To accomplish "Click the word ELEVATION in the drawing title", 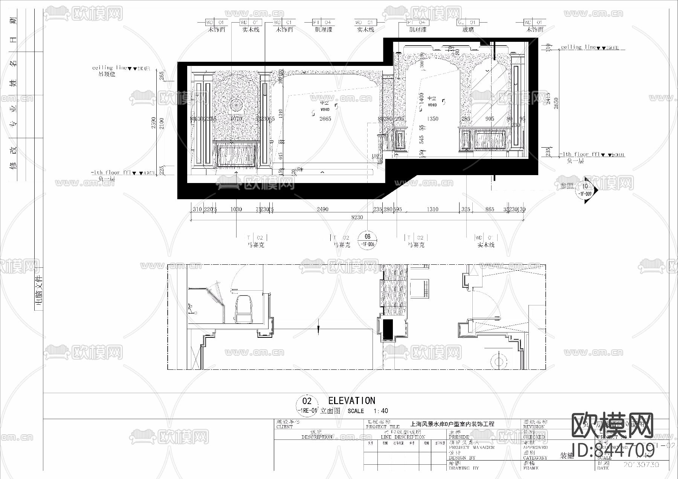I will (x=351, y=401).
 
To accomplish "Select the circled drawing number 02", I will (x=307, y=401).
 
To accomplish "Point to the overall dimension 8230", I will (x=357, y=217).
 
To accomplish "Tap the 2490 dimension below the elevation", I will (x=322, y=209).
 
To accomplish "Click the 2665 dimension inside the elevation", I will (x=325, y=119).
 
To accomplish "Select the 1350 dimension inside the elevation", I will (x=432, y=119).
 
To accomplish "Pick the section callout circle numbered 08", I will (x=368, y=237).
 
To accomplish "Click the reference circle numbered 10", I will (x=585, y=186).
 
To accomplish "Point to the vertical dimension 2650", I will (x=556, y=103).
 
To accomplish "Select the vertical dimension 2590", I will (x=154, y=122).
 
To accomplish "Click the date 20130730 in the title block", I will (x=641, y=465).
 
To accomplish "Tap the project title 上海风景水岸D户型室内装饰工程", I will (x=452, y=424).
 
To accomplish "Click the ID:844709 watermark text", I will (x=613, y=450).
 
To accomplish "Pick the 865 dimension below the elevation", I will (x=490, y=209).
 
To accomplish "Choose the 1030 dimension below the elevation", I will (x=236, y=209).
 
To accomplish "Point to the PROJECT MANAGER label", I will (x=471, y=447).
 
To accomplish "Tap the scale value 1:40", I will (x=380, y=411).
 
